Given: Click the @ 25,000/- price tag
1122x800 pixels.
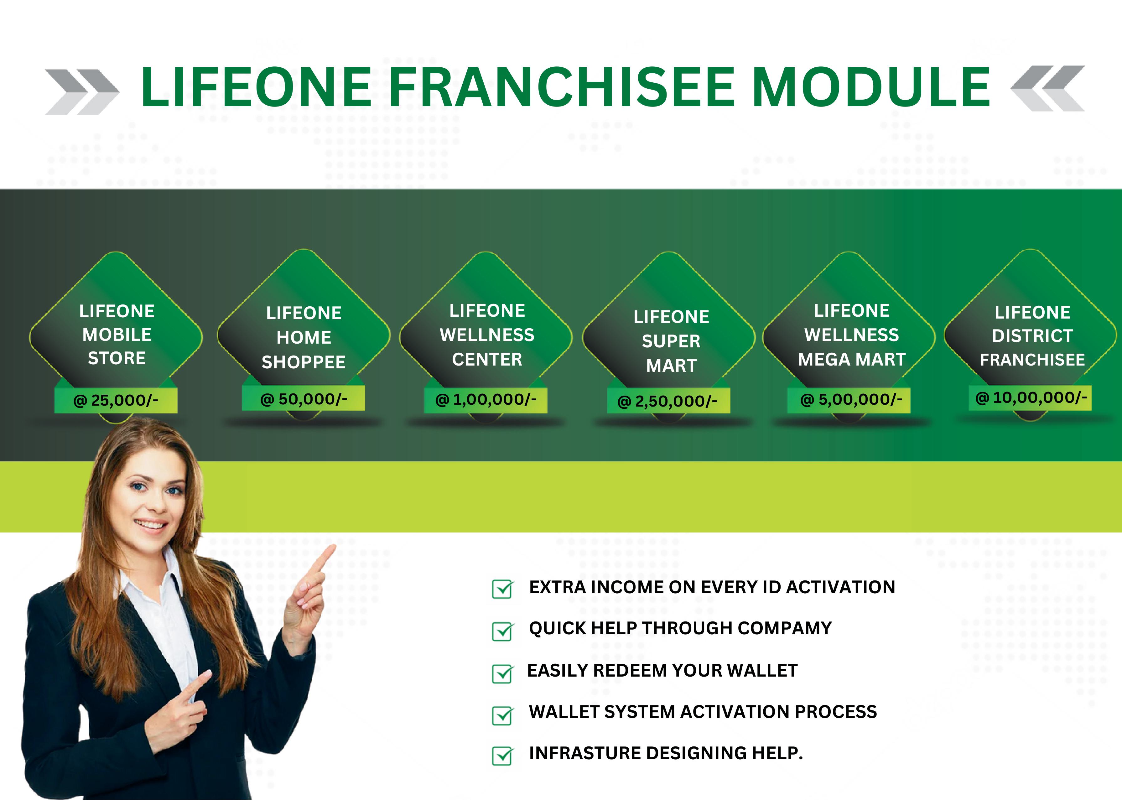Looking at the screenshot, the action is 116,400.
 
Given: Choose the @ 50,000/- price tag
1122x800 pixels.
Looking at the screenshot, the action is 304,398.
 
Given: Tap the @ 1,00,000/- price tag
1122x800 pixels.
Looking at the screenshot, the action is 486,399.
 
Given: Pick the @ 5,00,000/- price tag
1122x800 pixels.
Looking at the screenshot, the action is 849,399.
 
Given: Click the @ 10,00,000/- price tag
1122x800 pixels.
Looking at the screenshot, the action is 1031,397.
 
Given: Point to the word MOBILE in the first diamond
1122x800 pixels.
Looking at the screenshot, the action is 117,335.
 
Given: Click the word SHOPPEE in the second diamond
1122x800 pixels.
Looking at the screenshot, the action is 304,362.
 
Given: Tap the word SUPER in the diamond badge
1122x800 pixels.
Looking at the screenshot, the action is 671,341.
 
